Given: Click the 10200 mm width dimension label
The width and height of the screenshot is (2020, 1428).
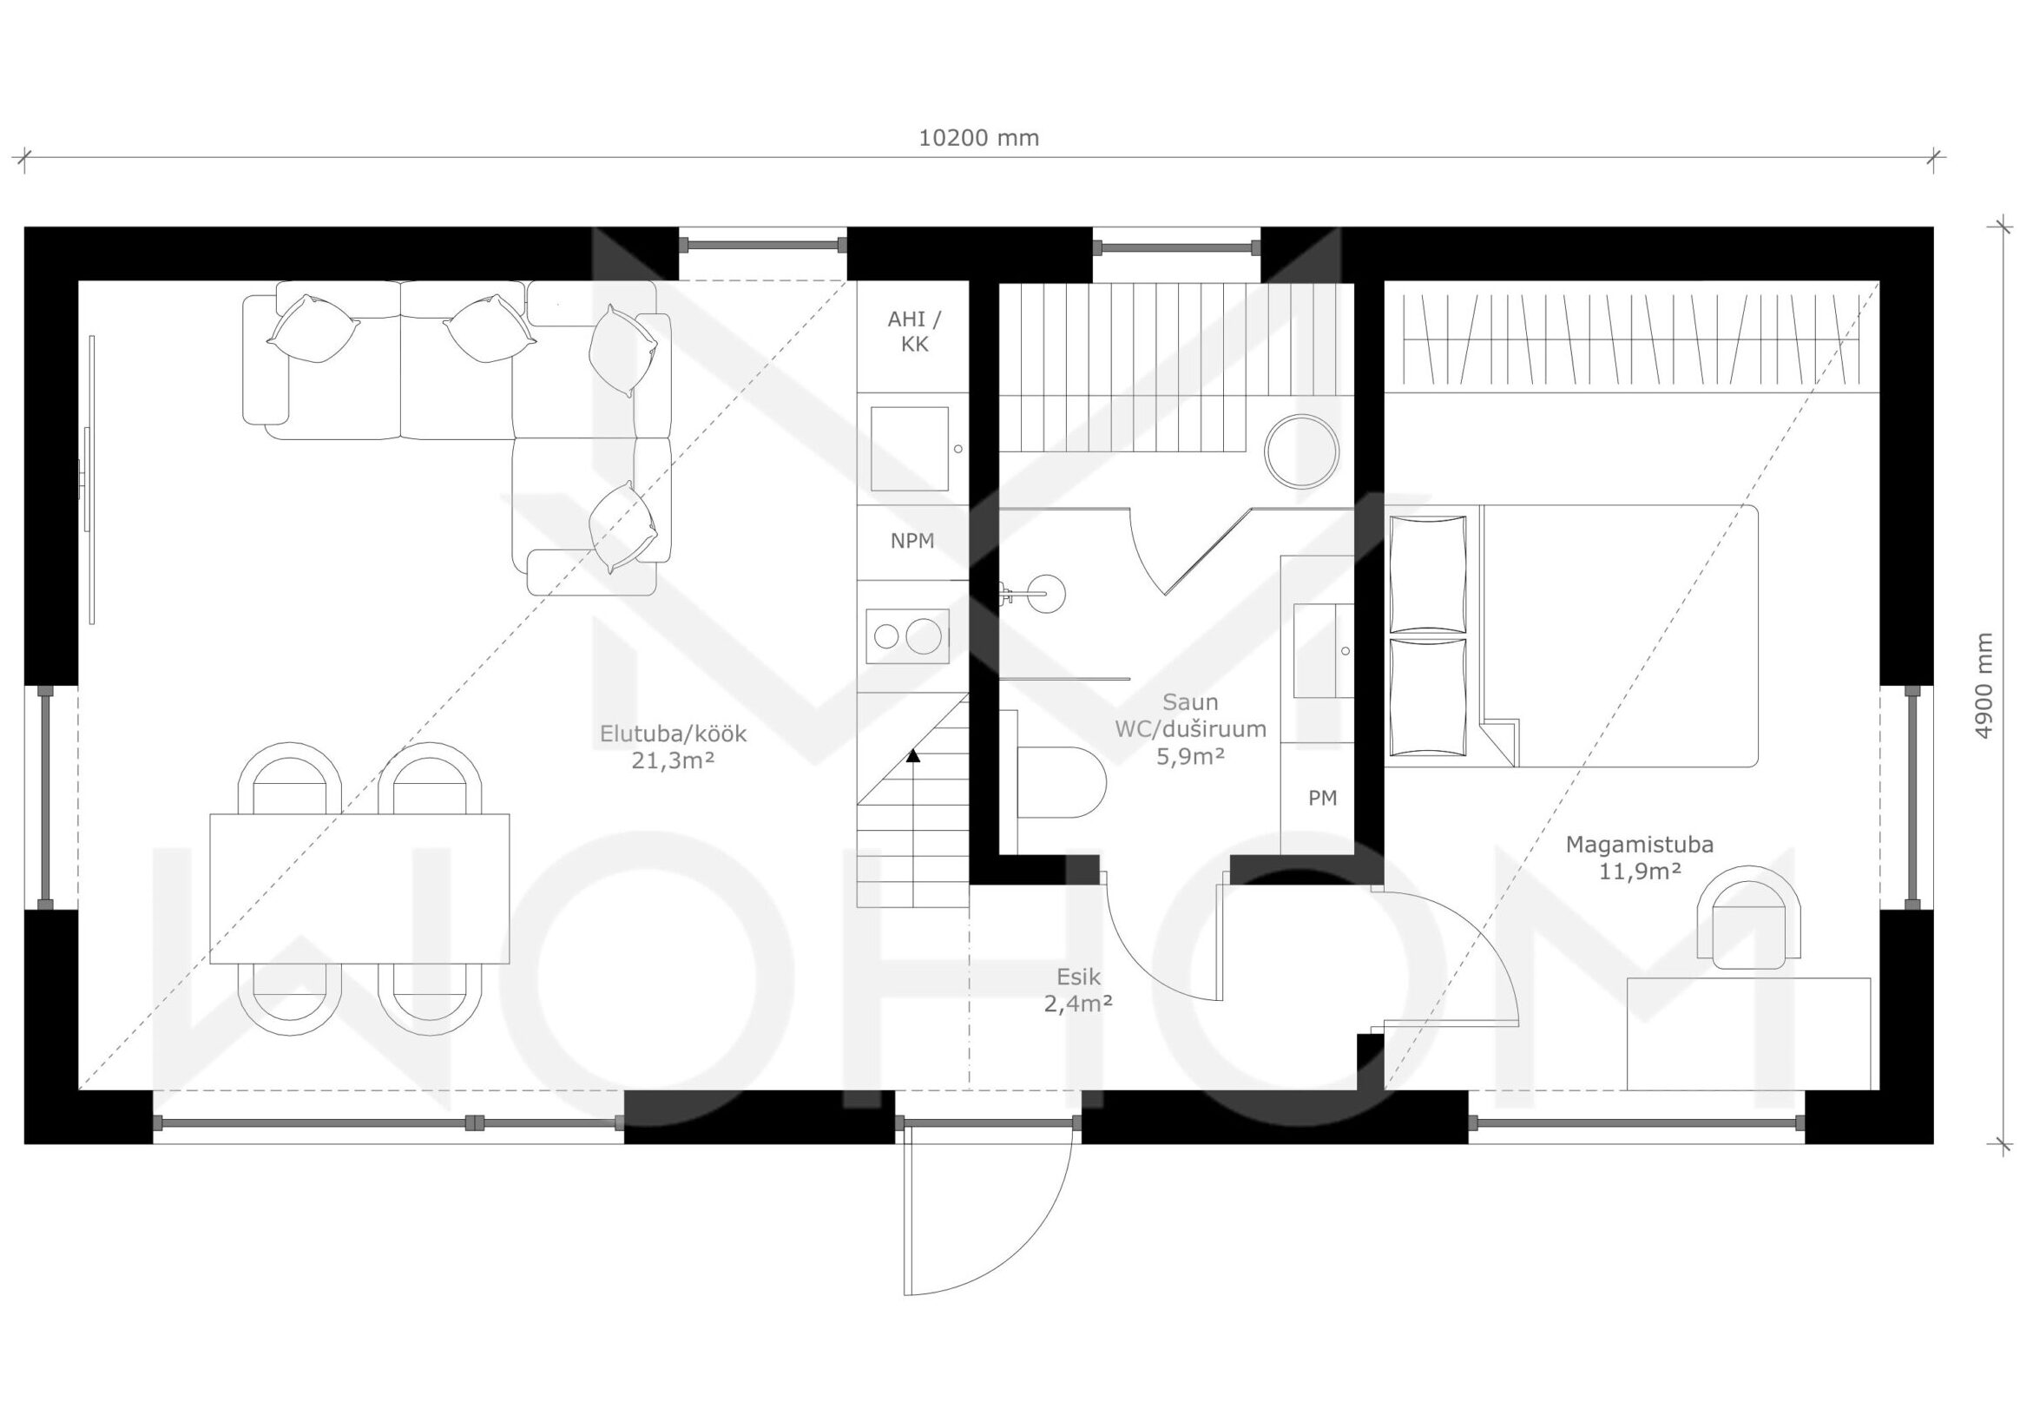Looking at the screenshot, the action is [x=978, y=138].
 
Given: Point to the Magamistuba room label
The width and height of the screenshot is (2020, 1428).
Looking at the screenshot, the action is [x=1639, y=858].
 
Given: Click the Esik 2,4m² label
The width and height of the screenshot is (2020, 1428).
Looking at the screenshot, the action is [x=1079, y=990].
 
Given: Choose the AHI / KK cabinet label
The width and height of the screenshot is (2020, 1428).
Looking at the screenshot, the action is [x=914, y=331].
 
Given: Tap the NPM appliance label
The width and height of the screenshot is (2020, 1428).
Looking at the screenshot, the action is [x=912, y=541].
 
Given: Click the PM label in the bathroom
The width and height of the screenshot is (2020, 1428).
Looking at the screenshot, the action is [x=1322, y=797].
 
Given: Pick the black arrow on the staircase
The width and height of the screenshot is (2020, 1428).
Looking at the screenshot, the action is [x=913, y=754].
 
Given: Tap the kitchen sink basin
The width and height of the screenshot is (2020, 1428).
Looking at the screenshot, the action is [x=910, y=448].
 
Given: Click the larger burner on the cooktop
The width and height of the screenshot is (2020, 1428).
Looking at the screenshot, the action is [x=923, y=636].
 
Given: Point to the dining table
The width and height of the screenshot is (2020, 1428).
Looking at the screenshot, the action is [x=359, y=888].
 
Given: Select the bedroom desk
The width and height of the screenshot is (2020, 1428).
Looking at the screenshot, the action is [x=1748, y=1033].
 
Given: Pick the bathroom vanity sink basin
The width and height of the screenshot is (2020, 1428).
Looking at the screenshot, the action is [x=1323, y=650].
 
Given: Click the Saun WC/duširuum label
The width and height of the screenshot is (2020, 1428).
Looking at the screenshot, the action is [x=1190, y=729].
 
